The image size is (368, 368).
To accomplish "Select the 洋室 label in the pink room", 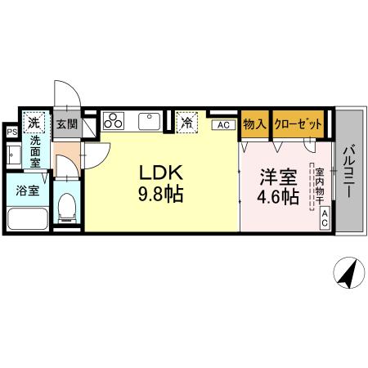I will point(278,177).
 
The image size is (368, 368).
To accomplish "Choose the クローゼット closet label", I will point(297,123).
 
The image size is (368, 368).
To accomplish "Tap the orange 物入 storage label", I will point(254,123).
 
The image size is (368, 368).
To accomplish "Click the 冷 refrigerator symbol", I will point(186,123).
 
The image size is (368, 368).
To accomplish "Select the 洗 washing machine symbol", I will point(34,123).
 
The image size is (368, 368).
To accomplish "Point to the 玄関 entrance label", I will point(66,124).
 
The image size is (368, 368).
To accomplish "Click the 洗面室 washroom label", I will point(36,152).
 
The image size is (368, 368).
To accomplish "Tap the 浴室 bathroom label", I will point(28,192).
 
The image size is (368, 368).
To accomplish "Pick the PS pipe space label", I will point(11,131).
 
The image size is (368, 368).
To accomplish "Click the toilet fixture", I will point(69,208).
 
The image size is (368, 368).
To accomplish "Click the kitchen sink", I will point(148,121).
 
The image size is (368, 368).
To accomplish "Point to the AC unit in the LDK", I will point(222,124).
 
